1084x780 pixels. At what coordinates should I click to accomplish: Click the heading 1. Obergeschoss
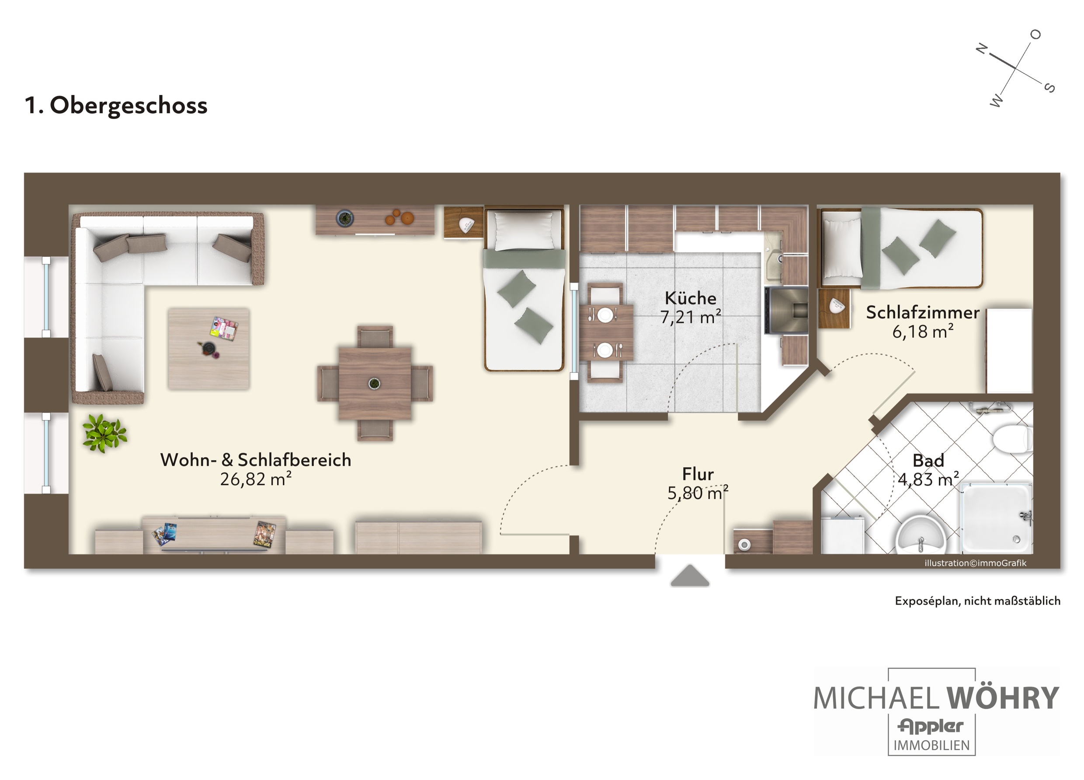point(116,106)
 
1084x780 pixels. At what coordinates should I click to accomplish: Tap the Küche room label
point(691,298)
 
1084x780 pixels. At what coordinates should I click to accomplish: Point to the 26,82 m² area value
point(256,479)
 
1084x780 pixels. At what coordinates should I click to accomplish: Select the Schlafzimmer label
point(922,313)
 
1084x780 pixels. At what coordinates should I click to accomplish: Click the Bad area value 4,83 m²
point(928,479)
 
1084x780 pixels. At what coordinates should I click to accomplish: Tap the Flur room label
point(698,474)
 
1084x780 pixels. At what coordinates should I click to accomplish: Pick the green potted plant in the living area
point(104,433)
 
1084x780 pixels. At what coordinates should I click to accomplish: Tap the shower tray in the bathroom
point(996,518)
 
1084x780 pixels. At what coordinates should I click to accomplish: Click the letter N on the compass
point(982,49)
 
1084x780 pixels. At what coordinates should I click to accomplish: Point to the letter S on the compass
point(1049,87)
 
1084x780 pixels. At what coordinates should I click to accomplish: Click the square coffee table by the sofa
point(208,349)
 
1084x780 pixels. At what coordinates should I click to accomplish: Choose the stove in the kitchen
point(786,310)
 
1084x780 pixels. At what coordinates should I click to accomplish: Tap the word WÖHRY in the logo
point(1003,698)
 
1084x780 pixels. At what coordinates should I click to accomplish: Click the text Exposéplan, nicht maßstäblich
point(977,601)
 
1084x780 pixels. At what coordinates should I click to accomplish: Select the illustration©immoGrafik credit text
point(976,563)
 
